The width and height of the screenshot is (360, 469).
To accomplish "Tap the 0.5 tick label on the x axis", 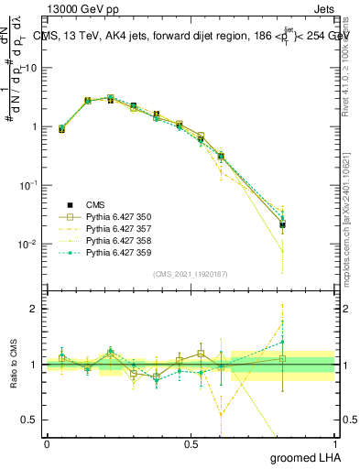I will click(x=191, y=443).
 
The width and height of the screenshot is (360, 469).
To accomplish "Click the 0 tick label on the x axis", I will click(x=47, y=443).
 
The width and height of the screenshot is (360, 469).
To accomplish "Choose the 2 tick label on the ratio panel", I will click(x=36, y=309).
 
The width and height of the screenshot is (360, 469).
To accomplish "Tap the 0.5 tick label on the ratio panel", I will click(x=33, y=420).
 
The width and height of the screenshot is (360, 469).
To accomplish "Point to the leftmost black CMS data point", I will click(x=61, y=129).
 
